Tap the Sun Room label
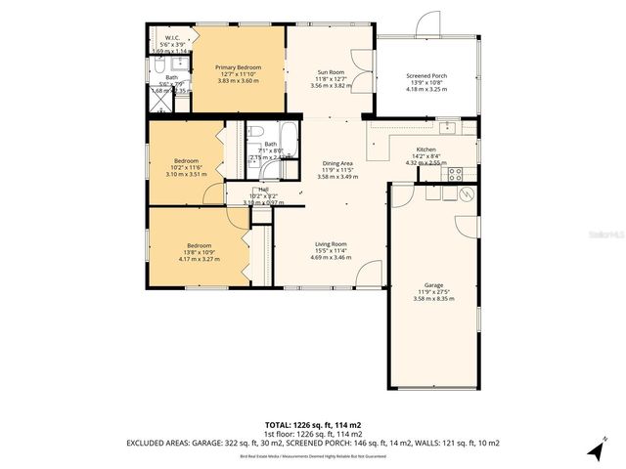330,71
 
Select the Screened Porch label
425,75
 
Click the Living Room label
331,243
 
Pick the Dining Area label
336,163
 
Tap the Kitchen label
431,149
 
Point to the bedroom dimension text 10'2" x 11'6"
186,168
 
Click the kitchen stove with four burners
454,175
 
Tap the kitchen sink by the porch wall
449,126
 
